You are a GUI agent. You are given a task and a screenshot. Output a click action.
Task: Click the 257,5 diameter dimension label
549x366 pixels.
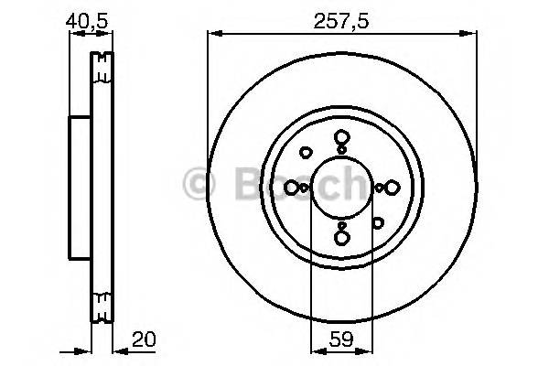pos(340,17)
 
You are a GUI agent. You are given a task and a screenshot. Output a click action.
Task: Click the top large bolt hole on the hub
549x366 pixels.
pos(341,138)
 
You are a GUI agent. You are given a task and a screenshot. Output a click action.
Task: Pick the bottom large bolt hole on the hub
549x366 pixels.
pos(341,238)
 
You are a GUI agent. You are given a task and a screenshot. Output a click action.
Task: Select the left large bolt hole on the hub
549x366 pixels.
pos(292,188)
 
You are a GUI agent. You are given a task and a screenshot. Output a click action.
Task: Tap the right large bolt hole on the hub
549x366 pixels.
pos(391,188)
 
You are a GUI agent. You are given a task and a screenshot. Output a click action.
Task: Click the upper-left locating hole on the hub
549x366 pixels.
pos(307,153)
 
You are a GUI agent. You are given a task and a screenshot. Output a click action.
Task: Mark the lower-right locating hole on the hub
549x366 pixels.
pos(377,221)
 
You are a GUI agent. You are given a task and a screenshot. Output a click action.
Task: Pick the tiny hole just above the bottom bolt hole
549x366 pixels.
pos(341,224)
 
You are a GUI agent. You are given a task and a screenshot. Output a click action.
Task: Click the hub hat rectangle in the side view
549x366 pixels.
pos(79,188)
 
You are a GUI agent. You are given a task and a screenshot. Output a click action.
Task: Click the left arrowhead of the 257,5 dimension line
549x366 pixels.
pos(213,34)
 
